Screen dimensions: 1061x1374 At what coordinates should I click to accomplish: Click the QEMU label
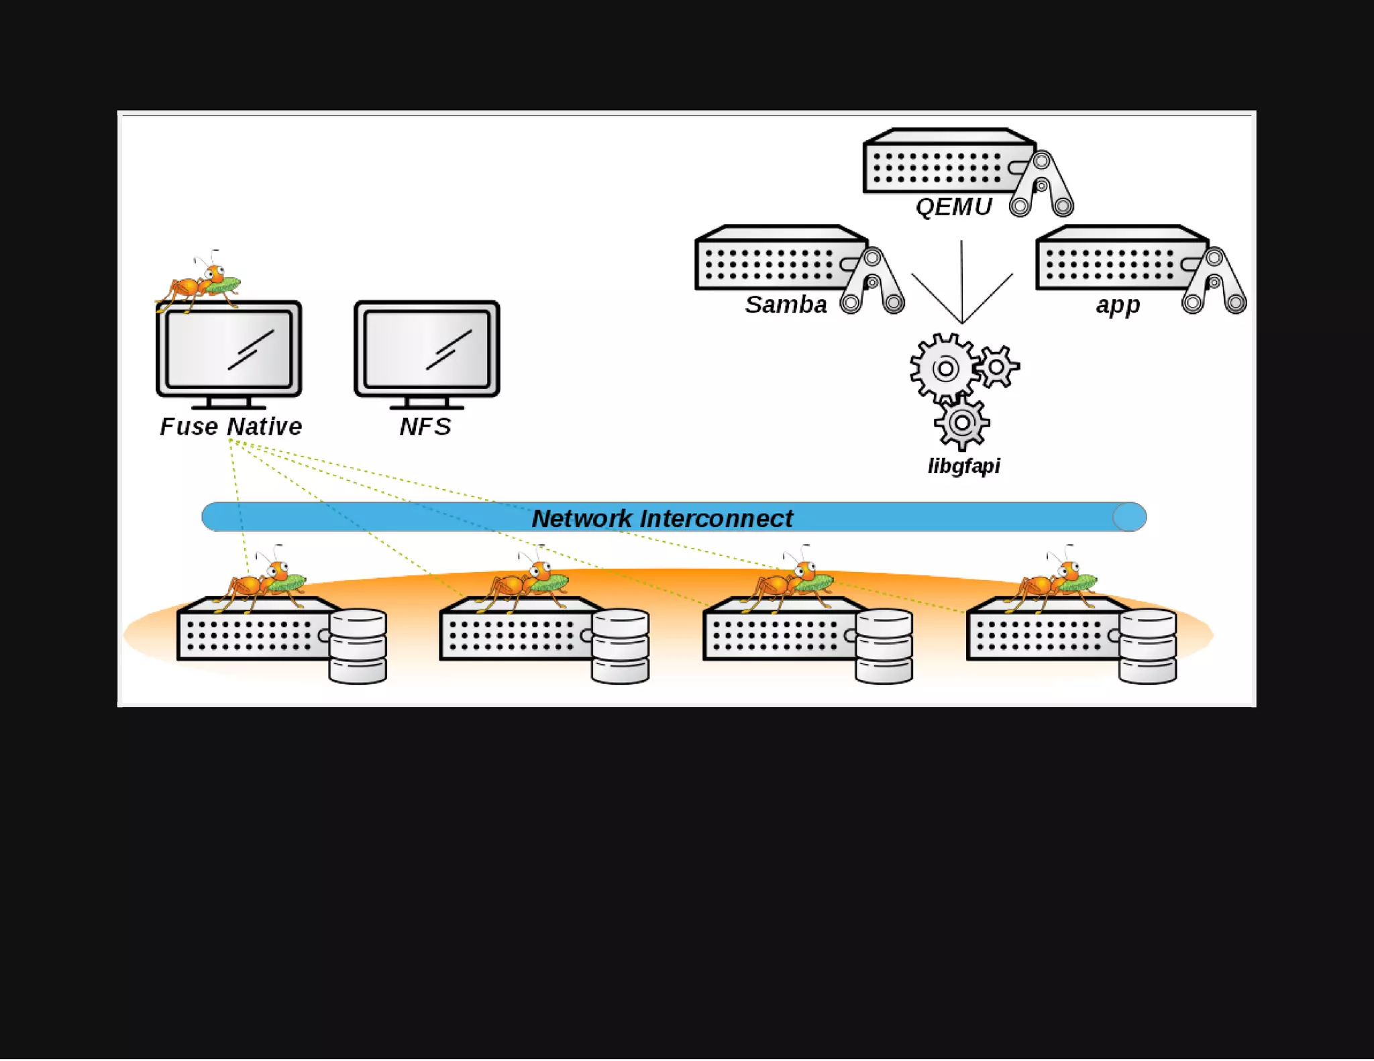click(953, 207)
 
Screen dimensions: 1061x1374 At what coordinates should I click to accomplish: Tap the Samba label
click(786, 304)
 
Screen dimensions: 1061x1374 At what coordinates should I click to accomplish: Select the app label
click(1118, 304)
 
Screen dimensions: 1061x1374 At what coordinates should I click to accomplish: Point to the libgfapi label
click(963, 465)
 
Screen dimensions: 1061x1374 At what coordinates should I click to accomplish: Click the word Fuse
click(189, 427)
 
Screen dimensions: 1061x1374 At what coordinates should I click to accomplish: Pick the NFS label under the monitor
click(425, 427)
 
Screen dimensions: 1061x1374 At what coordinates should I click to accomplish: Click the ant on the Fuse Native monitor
click(200, 282)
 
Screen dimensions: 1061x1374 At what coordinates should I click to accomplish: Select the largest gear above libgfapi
click(945, 368)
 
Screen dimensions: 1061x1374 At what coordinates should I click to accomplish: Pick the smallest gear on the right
click(997, 366)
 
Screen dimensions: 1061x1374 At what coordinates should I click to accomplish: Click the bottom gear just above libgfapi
click(961, 423)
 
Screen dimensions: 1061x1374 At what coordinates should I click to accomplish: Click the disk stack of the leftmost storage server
click(358, 645)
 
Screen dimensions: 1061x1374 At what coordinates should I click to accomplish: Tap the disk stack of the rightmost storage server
click(1147, 645)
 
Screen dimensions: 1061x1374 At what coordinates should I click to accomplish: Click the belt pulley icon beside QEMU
click(1041, 183)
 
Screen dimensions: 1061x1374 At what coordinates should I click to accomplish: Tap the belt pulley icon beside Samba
click(872, 280)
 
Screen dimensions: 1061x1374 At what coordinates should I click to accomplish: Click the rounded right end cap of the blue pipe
click(1129, 517)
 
